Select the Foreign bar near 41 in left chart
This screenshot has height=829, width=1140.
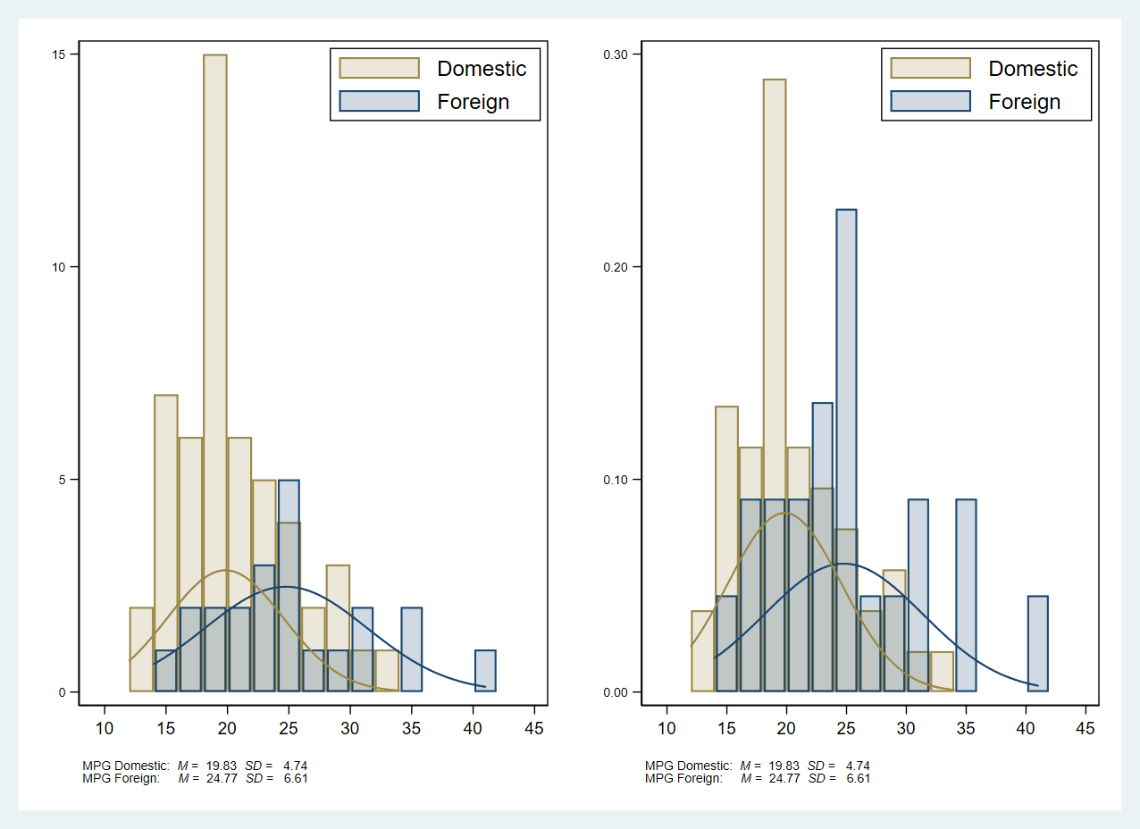pos(485,671)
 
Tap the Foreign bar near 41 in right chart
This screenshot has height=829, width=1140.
pos(1037,643)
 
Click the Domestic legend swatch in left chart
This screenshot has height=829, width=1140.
pos(379,69)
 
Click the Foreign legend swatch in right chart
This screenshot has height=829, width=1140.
pos(930,101)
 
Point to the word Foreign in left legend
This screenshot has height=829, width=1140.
pos(473,102)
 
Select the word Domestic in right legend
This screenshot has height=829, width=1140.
pos(1033,69)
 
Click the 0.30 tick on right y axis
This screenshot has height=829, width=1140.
pos(617,54)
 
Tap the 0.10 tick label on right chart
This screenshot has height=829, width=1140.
pos(617,480)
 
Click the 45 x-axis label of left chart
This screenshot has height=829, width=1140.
pos(534,729)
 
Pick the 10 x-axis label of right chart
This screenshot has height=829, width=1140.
pos(666,729)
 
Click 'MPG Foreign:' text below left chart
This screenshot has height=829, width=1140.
pos(121,778)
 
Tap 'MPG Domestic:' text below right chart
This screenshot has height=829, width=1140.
pos(688,766)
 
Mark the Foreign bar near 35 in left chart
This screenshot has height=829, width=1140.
pos(411,649)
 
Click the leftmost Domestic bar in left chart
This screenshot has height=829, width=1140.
pos(141,649)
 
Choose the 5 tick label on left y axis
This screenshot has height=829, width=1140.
pos(63,480)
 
